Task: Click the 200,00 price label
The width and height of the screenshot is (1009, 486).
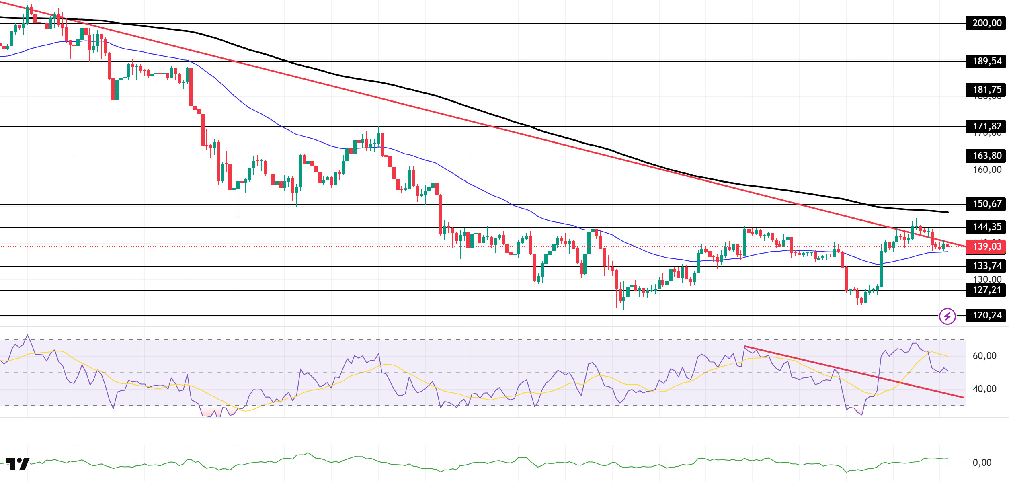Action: coord(987,23)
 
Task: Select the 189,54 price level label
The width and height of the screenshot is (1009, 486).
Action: coord(987,62)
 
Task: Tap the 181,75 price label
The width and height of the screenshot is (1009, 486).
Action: coord(987,90)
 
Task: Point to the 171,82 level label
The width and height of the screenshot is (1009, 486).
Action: coord(987,127)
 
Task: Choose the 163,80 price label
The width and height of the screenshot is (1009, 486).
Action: coord(987,156)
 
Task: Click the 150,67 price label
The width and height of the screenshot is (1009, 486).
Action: coord(987,204)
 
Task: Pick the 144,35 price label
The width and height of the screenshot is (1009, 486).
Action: coord(987,227)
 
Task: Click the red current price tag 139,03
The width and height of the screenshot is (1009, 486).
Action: coord(987,247)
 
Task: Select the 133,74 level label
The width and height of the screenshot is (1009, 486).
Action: coord(987,266)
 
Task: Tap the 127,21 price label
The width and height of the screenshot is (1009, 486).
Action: coord(987,290)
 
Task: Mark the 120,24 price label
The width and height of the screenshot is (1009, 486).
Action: coord(987,316)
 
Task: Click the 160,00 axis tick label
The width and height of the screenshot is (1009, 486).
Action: coord(987,170)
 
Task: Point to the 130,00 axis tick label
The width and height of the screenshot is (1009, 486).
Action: coord(987,279)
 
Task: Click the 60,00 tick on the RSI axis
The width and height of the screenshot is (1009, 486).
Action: coord(984,356)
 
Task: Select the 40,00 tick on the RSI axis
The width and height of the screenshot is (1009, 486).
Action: coord(984,389)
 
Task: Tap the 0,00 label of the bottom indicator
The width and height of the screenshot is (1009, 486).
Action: coord(982,463)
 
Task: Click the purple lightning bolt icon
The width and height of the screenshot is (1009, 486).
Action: coord(947,316)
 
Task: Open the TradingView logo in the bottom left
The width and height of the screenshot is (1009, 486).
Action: coord(17,464)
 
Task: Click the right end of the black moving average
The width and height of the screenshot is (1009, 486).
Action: coord(948,212)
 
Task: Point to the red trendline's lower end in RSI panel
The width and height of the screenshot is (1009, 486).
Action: coord(963,398)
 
